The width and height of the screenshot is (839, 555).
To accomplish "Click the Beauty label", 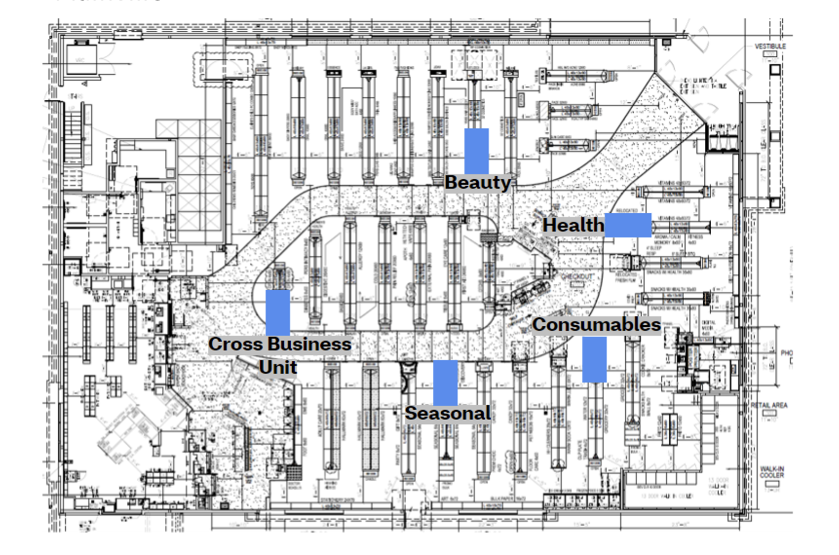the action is click(477, 183).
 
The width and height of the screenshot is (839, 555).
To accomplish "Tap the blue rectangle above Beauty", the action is click(476, 151).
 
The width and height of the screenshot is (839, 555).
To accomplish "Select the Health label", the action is click(573, 226).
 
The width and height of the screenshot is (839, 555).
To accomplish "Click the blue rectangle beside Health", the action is click(628, 225).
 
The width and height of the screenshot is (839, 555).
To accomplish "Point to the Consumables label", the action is click(597, 325).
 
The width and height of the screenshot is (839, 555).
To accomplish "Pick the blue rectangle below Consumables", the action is click(594, 359).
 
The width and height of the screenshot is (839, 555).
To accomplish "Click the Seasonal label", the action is click(448, 413).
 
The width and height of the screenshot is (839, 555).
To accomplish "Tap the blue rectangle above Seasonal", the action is click(445, 383).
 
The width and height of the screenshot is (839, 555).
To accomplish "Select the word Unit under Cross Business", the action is click(278, 367).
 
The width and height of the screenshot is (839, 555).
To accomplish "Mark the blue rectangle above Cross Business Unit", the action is click(277, 313).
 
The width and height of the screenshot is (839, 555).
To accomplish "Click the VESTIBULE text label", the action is click(770, 47).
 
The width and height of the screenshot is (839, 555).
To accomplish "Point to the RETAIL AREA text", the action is click(769, 405).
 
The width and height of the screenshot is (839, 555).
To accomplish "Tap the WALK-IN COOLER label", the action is click(772, 472).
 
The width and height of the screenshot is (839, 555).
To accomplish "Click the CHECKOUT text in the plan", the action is click(576, 277).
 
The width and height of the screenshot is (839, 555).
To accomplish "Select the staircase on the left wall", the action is click(74, 130).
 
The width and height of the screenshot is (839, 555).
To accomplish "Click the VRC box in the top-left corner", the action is click(81, 60).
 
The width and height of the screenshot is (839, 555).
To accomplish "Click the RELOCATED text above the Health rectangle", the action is click(627, 211).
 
